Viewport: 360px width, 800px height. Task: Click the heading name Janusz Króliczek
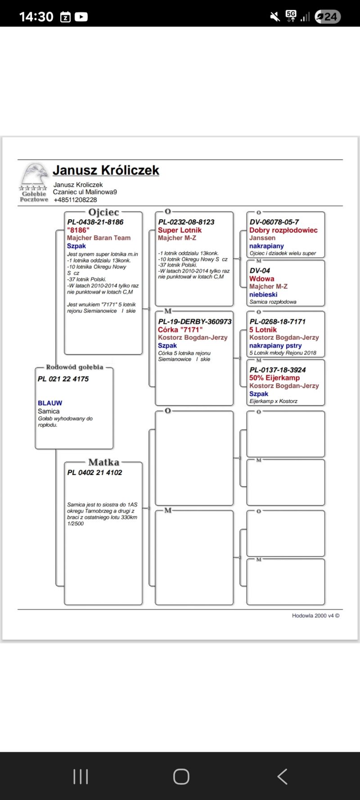click(x=106, y=170)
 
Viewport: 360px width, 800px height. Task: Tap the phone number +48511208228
click(x=75, y=200)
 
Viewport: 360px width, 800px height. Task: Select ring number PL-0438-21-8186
click(x=95, y=222)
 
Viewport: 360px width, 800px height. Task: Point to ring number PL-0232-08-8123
click(x=186, y=222)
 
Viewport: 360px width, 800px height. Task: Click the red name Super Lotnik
click(x=180, y=230)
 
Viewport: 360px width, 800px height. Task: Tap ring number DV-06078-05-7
click(x=274, y=222)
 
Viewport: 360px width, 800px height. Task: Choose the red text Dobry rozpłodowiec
click(x=283, y=230)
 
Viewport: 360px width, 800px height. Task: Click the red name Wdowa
click(x=262, y=279)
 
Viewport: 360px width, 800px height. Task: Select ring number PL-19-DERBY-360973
click(x=195, y=321)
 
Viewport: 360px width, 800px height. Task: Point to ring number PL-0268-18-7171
click(x=278, y=321)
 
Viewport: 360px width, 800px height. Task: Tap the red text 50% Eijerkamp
click(x=274, y=378)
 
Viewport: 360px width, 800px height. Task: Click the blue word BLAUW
click(x=50, y=403)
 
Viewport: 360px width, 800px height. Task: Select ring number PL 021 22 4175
click(x=63, y=379)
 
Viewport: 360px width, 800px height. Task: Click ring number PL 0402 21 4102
click(x=94, y=472)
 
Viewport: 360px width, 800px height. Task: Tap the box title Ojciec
click(x=103, y=212)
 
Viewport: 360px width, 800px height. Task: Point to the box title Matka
click(x=104, y=462)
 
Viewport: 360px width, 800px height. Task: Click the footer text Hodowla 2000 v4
click(x=315, y=615)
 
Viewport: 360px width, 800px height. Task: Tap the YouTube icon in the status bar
click(x=81, y=17)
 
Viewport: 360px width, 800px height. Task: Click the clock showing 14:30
click(x=36, y=17)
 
